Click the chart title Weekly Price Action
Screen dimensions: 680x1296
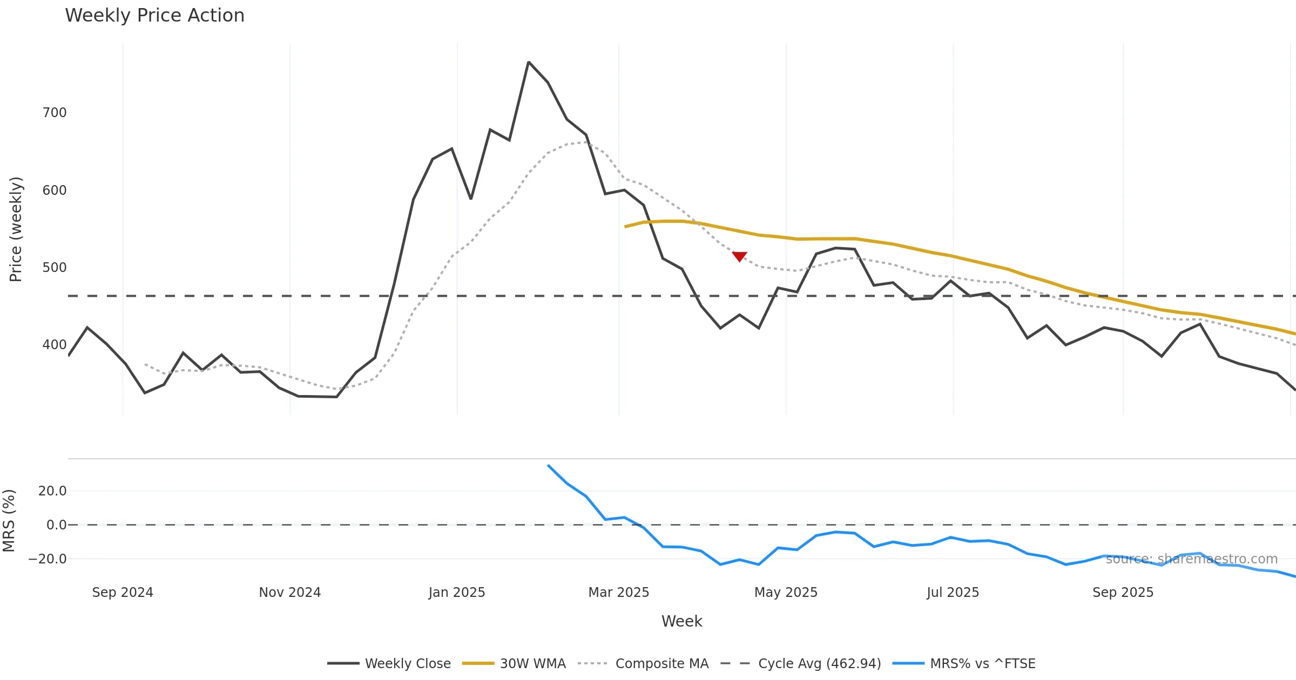click(x=154, y=16)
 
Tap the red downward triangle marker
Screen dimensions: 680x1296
click(x=739, y=256)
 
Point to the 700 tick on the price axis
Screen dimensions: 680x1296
click(x=55, y=113)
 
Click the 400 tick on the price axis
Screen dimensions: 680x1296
click(x=55, y=345)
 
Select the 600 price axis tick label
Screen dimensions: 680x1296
click(x=55, y=191)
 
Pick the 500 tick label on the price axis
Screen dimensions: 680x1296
click(x=55, y=268)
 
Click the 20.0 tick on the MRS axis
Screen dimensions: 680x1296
click(x=52, y=491)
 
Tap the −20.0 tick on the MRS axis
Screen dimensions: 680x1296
click(x=48, y=559)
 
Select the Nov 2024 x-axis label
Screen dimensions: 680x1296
click(x=290, y=593)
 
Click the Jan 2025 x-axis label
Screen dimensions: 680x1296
click(x=457, y=593)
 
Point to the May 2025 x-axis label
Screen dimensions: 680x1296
click(x=786, y=593)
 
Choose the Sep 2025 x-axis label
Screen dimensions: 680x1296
click(x=1123, y=593)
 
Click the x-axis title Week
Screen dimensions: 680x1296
click(x=681, y=622)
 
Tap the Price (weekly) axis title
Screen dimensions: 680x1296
click(x=16, y=229)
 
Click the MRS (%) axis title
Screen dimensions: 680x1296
click(x=9, y=521)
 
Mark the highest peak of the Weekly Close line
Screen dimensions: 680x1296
click(x=529, y=63)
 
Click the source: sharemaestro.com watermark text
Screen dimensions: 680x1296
click(x=1191, y=559)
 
